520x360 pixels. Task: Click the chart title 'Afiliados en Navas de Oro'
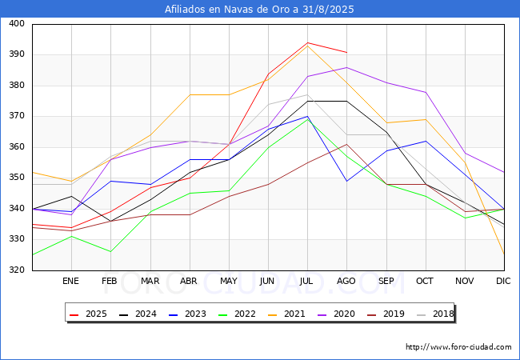tap(227, 10)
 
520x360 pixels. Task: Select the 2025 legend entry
tap(88, 314)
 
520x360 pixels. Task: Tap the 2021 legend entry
tap(286, 314)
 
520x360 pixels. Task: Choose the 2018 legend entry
tap(435, 314)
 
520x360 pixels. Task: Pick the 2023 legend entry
tap(187, 314)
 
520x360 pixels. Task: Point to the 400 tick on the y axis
tap(17, 23)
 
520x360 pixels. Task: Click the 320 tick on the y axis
tap(17, 270)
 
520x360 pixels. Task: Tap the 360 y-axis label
tap(17, 147)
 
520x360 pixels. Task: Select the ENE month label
tap(70, 281)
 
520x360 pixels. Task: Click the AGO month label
tap(346, 281)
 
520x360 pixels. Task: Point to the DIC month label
tap(503, 281)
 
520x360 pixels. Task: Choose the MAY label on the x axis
tap(229, 281)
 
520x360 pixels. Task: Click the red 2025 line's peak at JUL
tap(307, 42)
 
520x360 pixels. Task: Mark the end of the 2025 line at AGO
tap(347, 52)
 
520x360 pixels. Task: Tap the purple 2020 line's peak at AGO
tap(347, 68)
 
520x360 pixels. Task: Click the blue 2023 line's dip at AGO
tap(347, 181)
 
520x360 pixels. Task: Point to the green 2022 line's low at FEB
tap(110, 252)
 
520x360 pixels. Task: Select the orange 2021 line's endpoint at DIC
tap(504, 254)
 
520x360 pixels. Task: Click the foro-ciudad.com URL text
tap(458, 347)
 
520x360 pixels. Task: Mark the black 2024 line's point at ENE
tap(72, 196)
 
